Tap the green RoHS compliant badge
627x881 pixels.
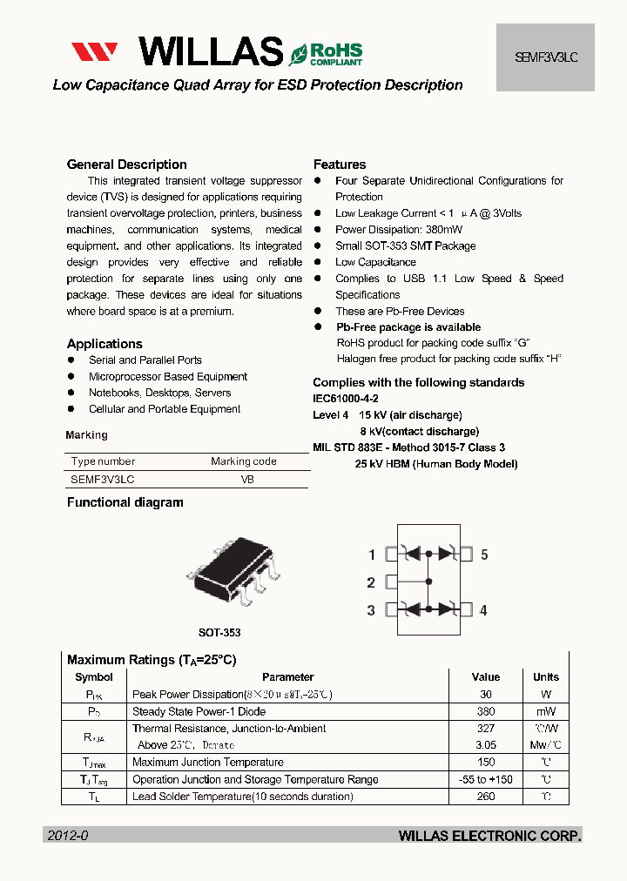pyautogui.click(x=327, y=53)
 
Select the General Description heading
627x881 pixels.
pyautogui.click(x=126, y=165)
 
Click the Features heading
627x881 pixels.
pyautogui.click(x=340, y=165)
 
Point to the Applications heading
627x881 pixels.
pyautogui.click(x=104, y=344)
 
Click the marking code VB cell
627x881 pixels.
pyautogui.click(x=247, y=480)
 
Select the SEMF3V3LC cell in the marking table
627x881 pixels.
pyautogui.click(x=103, y=480)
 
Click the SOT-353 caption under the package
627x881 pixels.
pyautogui.click(x=219, y=633)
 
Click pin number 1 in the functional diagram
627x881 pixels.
pyautogui.click(x=372, y=555)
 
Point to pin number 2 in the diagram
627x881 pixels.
pyautogui.click(x=372, y=582)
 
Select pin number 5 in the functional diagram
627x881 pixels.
pyautogui.click(x=484, y=555)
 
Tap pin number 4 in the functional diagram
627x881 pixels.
pyautogui.click(x=484, y=610)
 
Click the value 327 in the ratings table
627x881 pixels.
pyautogui.click(x=486, y=729)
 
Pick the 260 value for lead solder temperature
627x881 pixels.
pyautogui.click(x=486, y=797)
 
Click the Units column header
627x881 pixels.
pyautogui.click(x=546, y=677)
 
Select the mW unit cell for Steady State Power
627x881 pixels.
pyautogui.click(x=546, y=711)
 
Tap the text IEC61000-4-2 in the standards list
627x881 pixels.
pyautogui.click(x=346, y=399)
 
